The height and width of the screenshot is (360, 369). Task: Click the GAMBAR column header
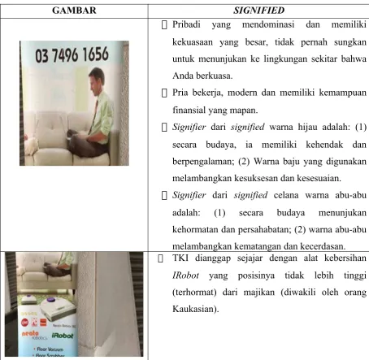[x=74, y=11]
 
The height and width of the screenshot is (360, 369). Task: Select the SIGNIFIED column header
[x=258, y=11]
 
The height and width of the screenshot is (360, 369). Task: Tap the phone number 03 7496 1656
[x=72, y=54]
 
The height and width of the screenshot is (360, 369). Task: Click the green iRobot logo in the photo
[x=63, y=336]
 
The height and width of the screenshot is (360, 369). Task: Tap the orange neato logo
[x=30, y=334]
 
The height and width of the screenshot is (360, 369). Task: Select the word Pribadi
[x=186, y=24]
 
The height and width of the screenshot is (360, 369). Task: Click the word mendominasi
[x=268, y=24]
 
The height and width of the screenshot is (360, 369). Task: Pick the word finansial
[x=189, y=110]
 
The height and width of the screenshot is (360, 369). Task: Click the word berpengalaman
[x=203, y=162]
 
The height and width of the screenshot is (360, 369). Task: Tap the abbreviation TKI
[x=180, y=258]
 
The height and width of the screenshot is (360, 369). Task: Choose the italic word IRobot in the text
[x=185, y=275]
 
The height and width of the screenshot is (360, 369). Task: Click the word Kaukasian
[x=195, y=309]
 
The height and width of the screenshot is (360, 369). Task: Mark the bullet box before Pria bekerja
[x=164, y=93]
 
